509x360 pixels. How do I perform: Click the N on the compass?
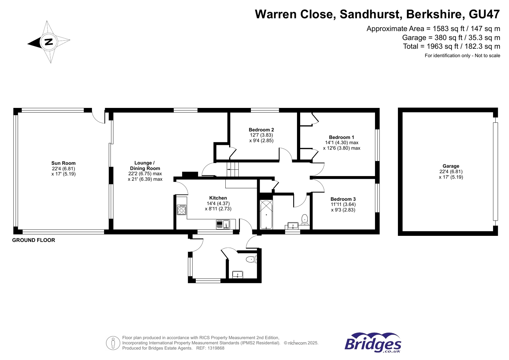(x=49, y=42)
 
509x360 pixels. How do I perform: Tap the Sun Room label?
(x=63, y=163)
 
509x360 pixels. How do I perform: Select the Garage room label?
(x=451, y=166)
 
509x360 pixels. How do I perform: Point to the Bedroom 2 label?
(x=261, y=130)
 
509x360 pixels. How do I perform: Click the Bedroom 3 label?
(x=343, y=199)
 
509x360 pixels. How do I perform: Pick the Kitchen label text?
(x=218, y=198)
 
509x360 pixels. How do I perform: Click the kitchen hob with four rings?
(x=181, y=209)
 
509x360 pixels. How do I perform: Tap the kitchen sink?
(x=223, y=224)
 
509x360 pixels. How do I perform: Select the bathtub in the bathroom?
(x=266, y=215)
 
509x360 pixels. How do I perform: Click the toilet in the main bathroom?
(x=305, y=219)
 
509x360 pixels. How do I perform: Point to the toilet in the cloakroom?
(x=251, y=259)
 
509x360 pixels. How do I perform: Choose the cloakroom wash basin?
(x=238, y=275)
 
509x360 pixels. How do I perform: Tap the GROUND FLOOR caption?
(x=34, y=240)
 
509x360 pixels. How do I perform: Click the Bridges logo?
(x=373, y=343)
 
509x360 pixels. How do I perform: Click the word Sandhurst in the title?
(x=370, y=14)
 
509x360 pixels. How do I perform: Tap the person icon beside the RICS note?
(x=113, y=343)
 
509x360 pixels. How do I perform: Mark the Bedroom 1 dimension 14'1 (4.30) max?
(x=342, y=143)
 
